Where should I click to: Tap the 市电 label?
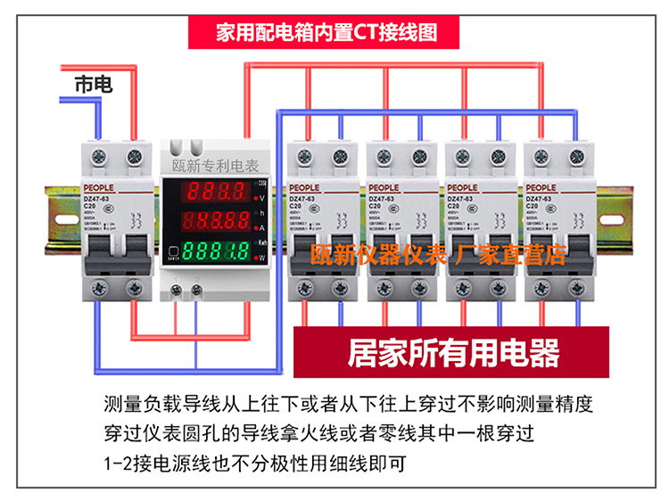pyautogui.click(x=93, y=86)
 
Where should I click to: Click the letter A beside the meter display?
pyautogui.click(x=262, y=229)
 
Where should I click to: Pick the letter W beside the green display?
pyautogui.click(x=262, y=258)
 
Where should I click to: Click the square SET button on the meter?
pyautogui.click(x=172, y=251)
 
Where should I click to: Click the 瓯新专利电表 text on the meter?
pyautogui.click(x=215, y=166)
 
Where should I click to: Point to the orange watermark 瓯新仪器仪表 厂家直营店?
pyautogui.click(x=439, y=256)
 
